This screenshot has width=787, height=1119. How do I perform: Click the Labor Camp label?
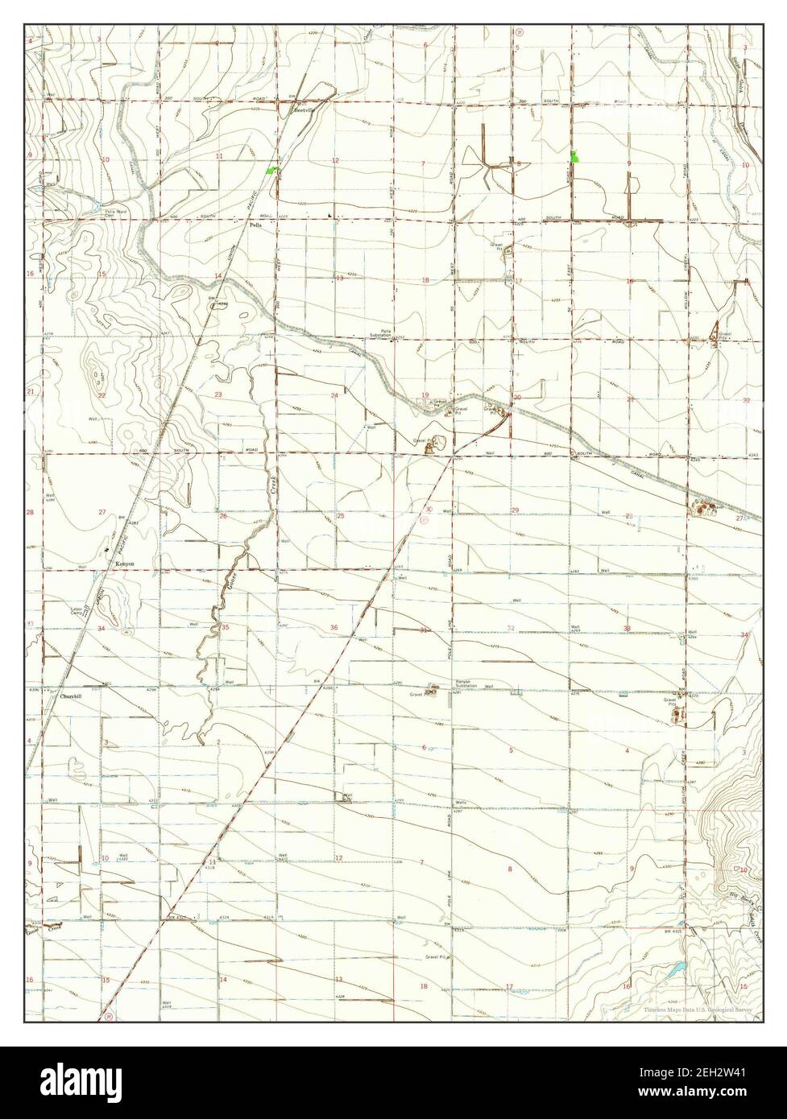78,611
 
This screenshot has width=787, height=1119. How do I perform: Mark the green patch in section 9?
574,156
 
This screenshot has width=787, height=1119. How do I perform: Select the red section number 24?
334,395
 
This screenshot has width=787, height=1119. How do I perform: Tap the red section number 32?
511,627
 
